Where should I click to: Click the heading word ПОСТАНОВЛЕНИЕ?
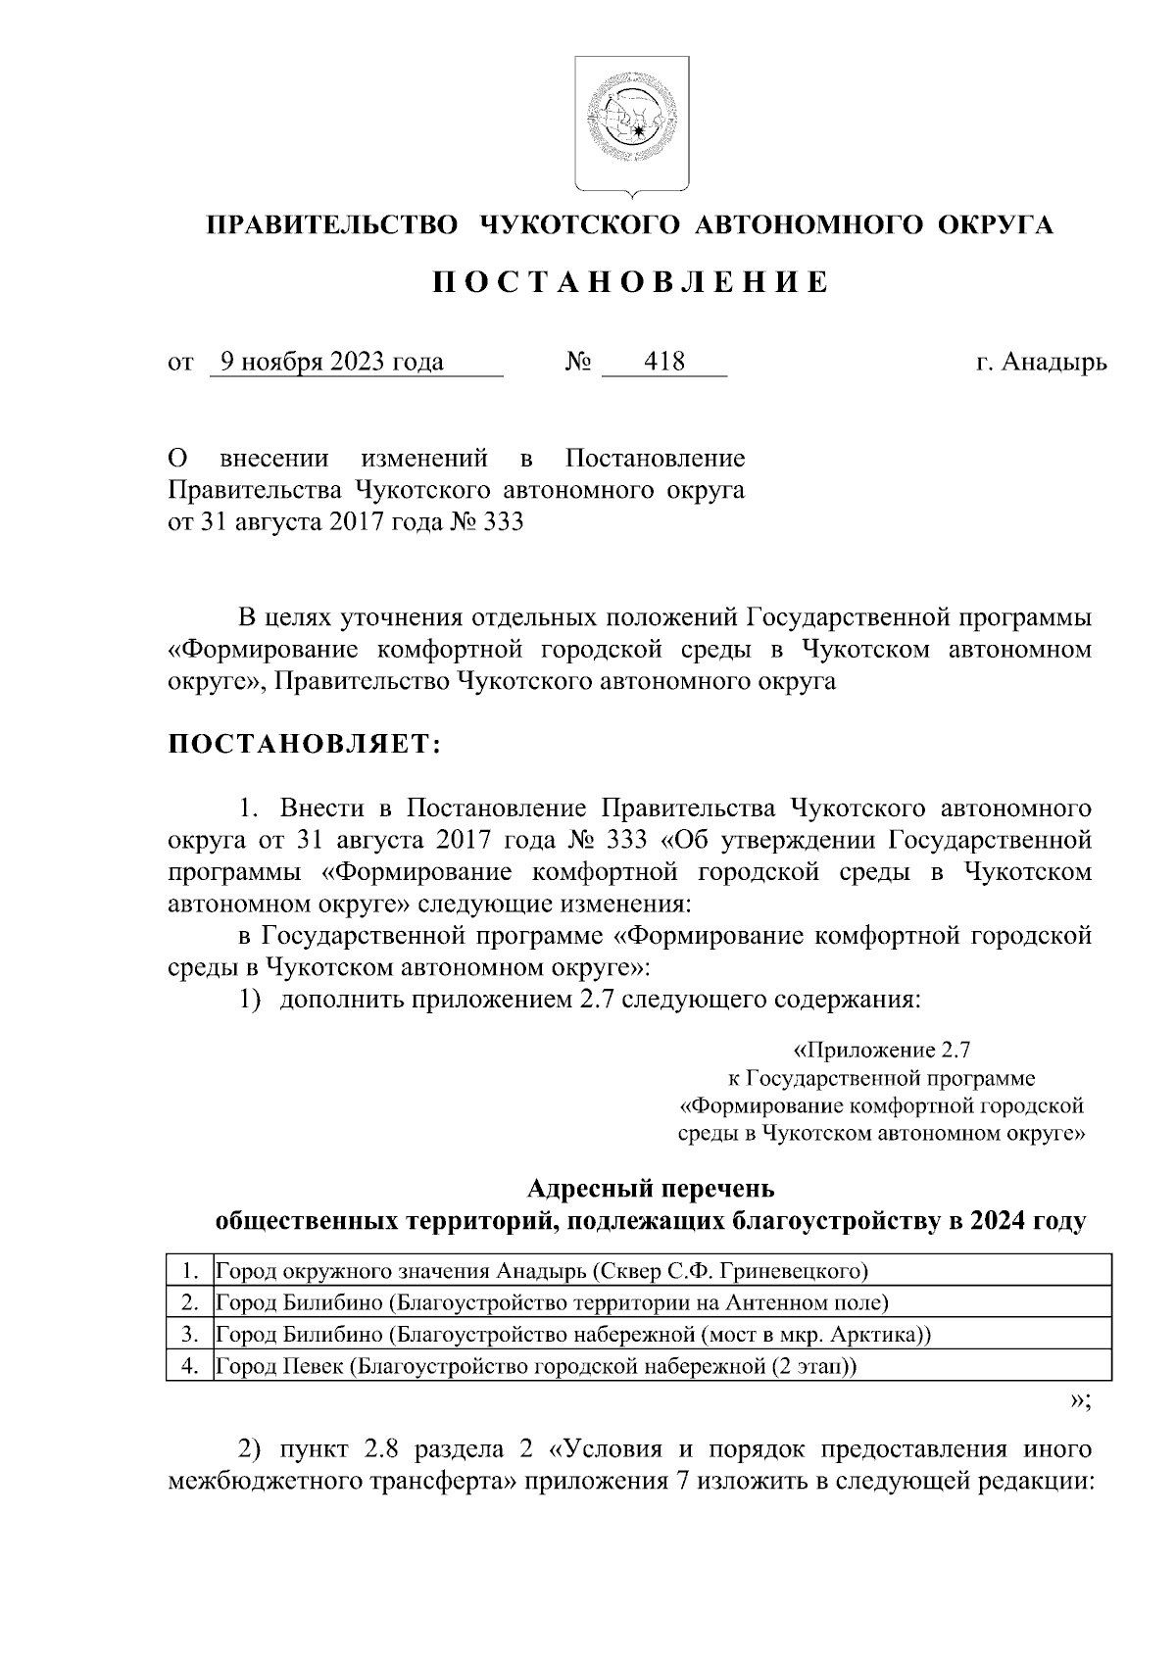pyautogui.click(x=630, y=283)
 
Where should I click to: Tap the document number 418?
pyautogui.click(x=664, y=363)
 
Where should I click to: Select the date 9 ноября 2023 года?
pyautogui.click(x=332, y=363)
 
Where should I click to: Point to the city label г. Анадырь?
pyautogui.click(x=1041, y=363)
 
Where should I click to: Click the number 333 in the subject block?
pyautogui.click(x=504, y=522)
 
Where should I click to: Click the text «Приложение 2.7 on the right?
pyautogui.click(x=881, y=1051)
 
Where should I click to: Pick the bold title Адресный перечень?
pyautogui.click(x=650, y=1189)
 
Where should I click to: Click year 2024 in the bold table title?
pyautogui.click(x=998, y=1222)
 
